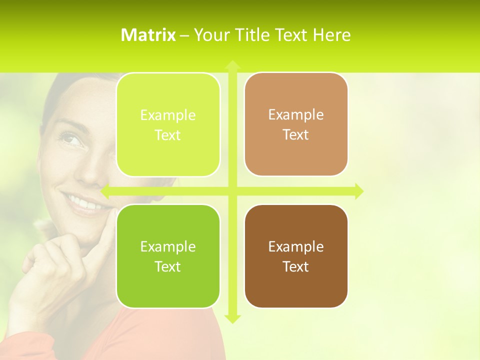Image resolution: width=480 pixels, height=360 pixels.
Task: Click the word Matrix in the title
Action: (x=148, y=35)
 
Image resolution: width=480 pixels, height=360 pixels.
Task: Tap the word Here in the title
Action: (x=331, y=35)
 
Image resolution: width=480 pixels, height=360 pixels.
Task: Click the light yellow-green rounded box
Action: (x=168, y=124)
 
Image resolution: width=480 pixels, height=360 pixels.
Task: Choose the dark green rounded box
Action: (x=168, y=256)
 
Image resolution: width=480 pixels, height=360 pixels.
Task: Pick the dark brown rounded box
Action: (x=296, y=256)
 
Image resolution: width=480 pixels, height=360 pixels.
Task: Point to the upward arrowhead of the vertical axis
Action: (x=232, y=65)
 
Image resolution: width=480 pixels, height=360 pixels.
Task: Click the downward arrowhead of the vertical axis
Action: (x=232, y=318)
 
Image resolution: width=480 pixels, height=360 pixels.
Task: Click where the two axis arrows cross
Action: (x=232, y=191)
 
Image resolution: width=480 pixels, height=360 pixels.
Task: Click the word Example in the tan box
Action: (x=296, y=114)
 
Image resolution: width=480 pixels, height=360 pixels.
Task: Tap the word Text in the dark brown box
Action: (x=296, y=266)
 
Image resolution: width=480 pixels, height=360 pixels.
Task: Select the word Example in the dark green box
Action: (x=168, y=246)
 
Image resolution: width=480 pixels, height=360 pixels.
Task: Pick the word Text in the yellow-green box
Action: (x=168, y=135)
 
